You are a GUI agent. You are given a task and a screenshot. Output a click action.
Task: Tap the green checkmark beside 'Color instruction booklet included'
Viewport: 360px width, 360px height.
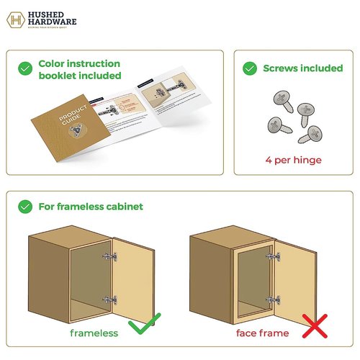click(25, 68)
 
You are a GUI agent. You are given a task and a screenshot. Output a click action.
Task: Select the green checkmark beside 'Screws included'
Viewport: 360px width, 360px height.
click(250, 68)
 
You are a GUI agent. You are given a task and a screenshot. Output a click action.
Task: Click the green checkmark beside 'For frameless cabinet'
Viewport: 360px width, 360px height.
click(25, 207)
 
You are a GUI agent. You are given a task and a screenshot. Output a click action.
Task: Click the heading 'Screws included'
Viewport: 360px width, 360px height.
click(302, 68)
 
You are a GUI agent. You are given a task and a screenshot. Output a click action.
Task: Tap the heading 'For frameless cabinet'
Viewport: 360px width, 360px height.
click(91, 207)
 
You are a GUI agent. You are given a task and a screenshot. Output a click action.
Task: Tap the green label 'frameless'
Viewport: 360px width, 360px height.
click(94, 333)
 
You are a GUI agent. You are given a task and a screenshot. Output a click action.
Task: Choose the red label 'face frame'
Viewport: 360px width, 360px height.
click(263, 333)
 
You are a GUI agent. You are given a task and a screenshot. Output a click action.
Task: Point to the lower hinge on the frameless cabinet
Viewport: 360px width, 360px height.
click(107, 301)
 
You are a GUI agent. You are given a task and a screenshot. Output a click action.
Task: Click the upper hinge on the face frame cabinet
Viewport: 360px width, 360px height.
click(271, 257)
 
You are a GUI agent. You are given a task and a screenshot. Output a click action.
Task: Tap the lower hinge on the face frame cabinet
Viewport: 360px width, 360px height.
click(271, 300)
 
